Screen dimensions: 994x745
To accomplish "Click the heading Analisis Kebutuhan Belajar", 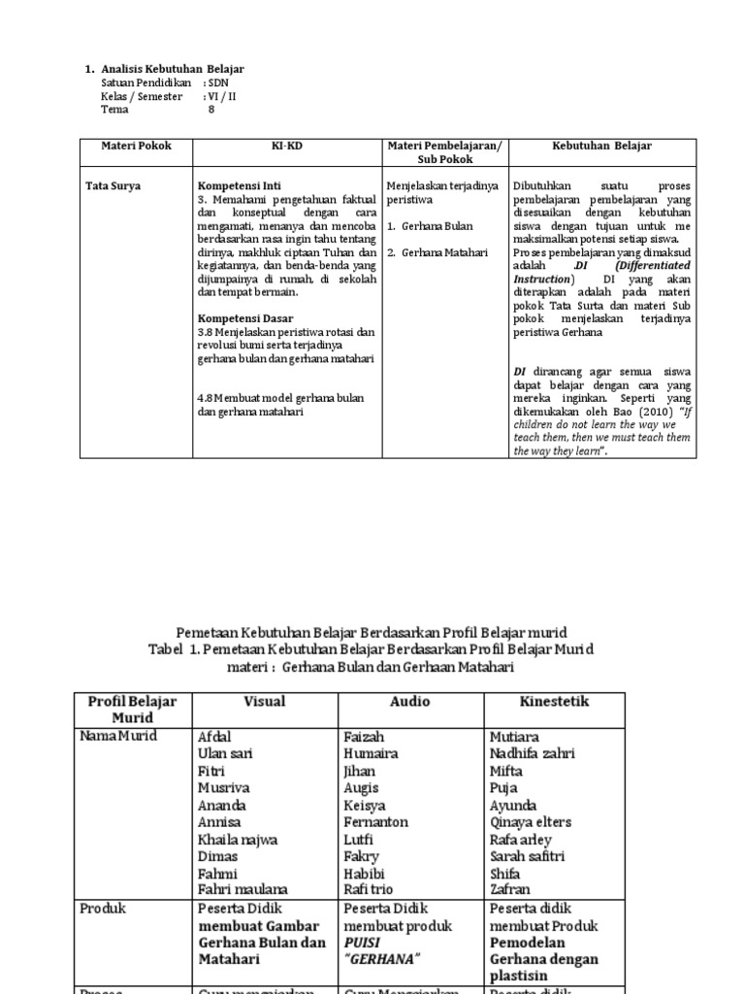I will tap(172, 69).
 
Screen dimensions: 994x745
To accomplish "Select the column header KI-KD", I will tap(287, 146).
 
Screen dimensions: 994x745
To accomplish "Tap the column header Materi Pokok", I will tap(136, 146).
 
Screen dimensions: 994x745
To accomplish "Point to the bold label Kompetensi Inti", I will tap(238, 185).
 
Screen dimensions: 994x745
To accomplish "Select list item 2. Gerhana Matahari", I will tap(437, 252).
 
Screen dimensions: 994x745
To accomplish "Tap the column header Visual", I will tap(264, 701).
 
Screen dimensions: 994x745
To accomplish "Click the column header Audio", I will tap(409, 701).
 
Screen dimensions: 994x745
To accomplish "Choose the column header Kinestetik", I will tap(554, 701).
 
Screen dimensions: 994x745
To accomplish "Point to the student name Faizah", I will tap(364, 737).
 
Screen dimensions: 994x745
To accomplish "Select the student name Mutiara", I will tap(516, 737).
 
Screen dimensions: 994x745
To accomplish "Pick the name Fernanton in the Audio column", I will tap(375, 822).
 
